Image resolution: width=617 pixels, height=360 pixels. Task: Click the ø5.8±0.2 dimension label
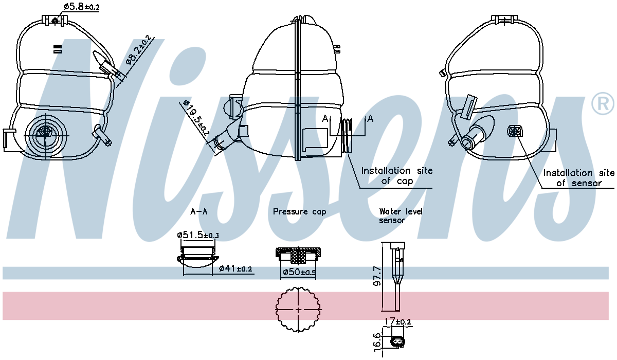tap(82, 7)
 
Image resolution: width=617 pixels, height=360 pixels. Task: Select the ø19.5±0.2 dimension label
tap(196, 119)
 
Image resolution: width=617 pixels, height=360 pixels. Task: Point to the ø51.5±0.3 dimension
tap(198, 235)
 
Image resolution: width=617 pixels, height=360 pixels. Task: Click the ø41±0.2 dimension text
tap(235, 268)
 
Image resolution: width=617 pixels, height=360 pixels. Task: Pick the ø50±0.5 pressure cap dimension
tap(299, 272)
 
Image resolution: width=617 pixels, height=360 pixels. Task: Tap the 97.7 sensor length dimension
tap(377, 276)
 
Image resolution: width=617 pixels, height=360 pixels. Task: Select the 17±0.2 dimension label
tap(397, 321)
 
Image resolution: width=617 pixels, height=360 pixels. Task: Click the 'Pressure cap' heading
tap(299, 211)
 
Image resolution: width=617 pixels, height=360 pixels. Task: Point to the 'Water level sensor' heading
tap(401, 215)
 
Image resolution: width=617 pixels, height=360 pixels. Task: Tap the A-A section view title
tap(198, 211)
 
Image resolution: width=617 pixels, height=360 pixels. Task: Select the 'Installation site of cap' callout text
tap(396, 176)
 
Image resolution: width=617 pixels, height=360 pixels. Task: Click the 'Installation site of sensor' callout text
tap(578, 178)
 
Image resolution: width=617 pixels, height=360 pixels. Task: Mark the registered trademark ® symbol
tap(603, 104)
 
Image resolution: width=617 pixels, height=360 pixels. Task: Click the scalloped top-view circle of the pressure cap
tap(298, 310)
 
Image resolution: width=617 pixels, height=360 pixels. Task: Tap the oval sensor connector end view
tap(397, 343)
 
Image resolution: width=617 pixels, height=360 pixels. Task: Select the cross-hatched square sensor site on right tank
tap(515, 131)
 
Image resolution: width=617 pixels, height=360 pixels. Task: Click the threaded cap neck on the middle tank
tap(347, 136)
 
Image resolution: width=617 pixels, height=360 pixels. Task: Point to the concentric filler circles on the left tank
tap(46, 135)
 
